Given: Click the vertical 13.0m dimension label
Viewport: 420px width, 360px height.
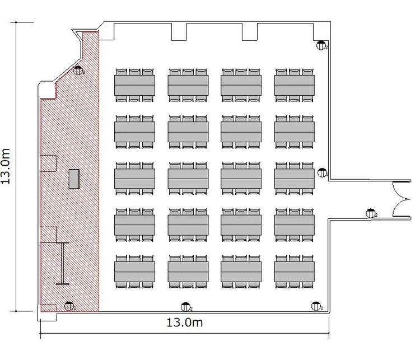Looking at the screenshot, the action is click(x=6, y=166).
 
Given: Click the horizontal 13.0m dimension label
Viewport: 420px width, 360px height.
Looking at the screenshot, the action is click(x=185, y=322).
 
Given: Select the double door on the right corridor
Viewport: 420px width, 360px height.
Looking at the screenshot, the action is click(x=402, y=199).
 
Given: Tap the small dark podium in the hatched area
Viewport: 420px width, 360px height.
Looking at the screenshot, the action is click(x=74, y=179).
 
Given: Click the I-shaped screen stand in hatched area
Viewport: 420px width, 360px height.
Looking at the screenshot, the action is click(x=62, y=263).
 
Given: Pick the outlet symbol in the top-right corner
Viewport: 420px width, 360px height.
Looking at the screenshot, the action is click(x=321, y=45).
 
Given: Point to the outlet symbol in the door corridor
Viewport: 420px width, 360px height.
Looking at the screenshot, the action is click(x=371, y=213).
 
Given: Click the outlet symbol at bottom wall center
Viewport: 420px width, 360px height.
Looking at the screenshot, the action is click(x=185, y=307).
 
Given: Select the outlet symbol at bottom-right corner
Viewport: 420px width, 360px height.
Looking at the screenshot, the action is click(x=316, y=306).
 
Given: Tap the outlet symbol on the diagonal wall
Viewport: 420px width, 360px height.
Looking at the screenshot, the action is click(x=78, y=71).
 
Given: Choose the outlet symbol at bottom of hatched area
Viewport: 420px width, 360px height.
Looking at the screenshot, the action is click(x=69, y=306).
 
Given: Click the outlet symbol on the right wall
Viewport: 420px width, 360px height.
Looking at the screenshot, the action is click(x=322, y=173).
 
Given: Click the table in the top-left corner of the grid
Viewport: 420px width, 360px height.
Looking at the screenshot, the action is click(x=134, y=85).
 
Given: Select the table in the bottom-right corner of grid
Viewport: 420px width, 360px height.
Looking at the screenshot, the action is click(x=295, y=272).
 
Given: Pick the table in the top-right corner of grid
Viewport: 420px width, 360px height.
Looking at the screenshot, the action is click(x=295, y=85).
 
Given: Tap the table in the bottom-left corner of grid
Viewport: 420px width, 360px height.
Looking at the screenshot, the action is click(x=134, y=272).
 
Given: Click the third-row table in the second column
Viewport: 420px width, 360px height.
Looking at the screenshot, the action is click(x=188, y=179).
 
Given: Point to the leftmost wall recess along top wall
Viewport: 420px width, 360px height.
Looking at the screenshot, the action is click(x=106, y=31).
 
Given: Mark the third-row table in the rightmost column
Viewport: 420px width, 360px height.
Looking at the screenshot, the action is click(x=295, y=179).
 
